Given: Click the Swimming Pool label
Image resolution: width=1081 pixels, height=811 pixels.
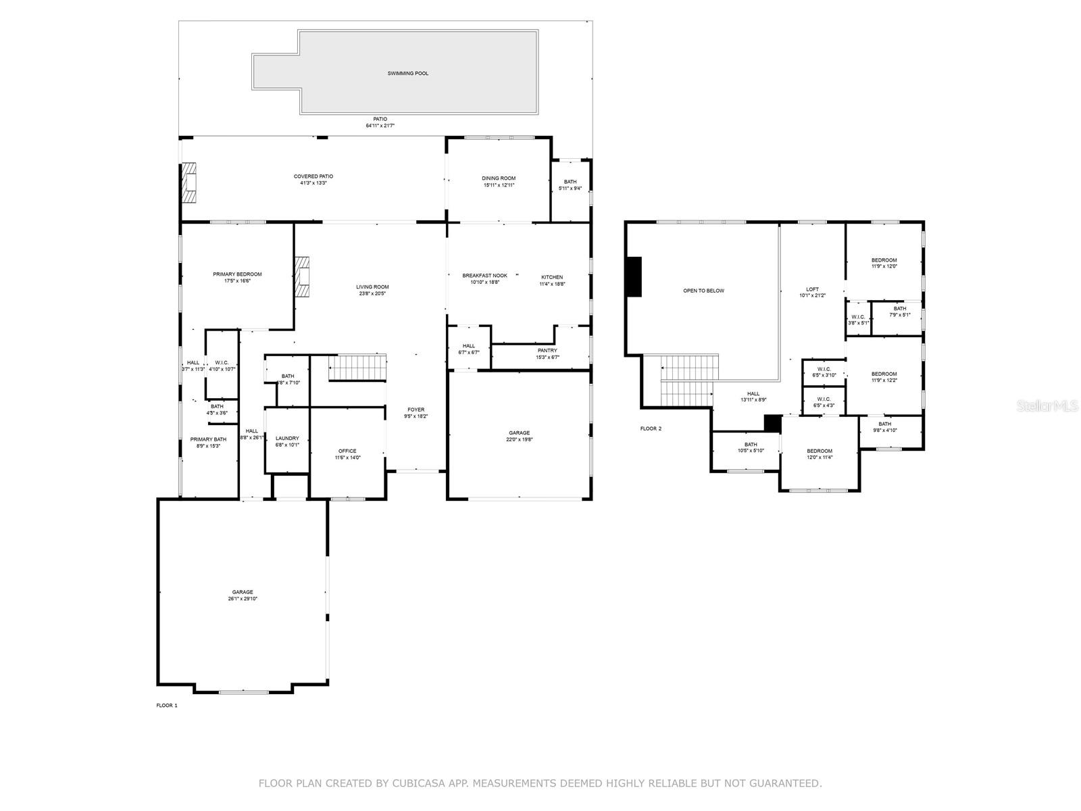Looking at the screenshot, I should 407,73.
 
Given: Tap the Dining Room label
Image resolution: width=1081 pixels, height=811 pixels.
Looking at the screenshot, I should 499,178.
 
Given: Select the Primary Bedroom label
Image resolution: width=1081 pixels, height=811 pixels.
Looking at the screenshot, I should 237,274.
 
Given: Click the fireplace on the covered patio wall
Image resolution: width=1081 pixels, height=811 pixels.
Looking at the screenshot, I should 188,182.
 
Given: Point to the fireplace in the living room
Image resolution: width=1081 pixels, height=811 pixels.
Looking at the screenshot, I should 302,276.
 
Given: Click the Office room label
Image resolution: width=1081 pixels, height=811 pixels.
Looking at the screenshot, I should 347,451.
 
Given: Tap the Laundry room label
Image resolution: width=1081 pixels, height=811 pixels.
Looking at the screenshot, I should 287,438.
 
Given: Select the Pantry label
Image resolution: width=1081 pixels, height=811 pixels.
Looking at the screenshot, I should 547,350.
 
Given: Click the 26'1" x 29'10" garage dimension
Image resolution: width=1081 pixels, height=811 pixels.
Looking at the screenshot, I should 243,599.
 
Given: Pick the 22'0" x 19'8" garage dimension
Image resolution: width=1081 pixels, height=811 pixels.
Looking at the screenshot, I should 520,440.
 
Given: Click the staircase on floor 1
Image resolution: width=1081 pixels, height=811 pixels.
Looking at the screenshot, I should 357,368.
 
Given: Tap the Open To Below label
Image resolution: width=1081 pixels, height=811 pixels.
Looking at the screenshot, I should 703,291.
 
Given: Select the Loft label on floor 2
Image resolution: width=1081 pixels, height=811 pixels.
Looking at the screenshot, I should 812,289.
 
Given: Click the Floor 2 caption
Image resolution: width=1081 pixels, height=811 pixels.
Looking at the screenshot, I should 651,428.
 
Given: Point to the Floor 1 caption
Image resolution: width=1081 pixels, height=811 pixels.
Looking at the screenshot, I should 167,706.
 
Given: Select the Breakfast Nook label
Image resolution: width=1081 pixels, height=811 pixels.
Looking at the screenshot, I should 484,276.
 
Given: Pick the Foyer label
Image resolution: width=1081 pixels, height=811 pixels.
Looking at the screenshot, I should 416,410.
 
